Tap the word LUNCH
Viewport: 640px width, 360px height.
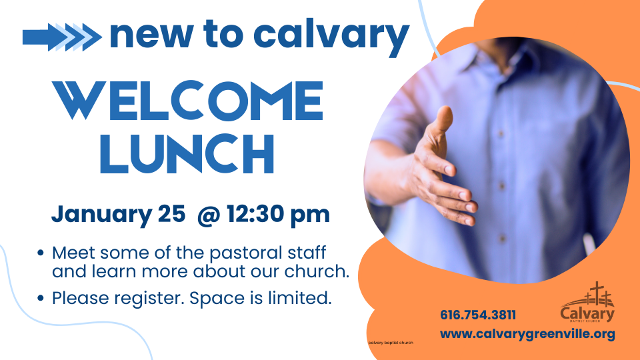tap(187, 154)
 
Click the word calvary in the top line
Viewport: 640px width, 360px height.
tap(331, 36)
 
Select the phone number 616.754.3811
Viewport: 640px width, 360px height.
tap(478, 315)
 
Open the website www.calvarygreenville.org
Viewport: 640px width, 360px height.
tap(527, 334)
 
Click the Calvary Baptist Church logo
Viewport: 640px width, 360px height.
tap(587, 302)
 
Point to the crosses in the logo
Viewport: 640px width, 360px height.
tap(599, 294)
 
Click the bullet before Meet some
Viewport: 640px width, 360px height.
tap(41, 253)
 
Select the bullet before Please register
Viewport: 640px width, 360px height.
tap(41, 299)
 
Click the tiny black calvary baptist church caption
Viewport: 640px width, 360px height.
tap(391, 343)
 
